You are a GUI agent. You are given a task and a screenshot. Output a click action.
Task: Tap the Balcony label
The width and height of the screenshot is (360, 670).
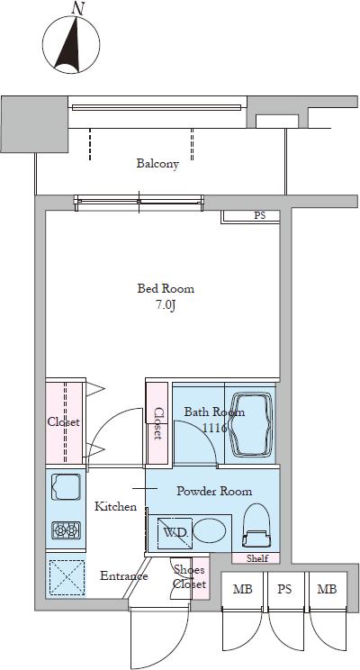tap(157, 163)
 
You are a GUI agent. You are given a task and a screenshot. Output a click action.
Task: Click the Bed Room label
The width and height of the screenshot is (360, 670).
tap(166, 288)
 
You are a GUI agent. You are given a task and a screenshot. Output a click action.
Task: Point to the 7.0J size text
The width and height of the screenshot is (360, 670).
tap(166, 305)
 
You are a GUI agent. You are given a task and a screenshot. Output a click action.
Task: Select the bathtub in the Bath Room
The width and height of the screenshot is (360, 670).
tap(251, 425)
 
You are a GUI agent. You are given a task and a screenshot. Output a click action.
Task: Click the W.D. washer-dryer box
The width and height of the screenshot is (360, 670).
tap(175, 533)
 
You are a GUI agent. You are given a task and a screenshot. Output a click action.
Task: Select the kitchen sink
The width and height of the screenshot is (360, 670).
tap(66, 486)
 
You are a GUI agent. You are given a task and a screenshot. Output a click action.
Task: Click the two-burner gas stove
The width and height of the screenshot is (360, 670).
tap(67, 530)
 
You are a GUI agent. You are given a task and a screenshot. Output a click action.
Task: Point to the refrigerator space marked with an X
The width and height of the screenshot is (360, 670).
tap(67, 576)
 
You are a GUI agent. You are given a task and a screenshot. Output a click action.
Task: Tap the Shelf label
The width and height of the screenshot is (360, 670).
tap(257, 558)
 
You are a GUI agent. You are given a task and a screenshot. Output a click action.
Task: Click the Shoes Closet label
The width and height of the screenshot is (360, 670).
tap(190, 576)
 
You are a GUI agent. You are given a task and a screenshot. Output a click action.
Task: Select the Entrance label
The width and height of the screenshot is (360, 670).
tap(124, 575)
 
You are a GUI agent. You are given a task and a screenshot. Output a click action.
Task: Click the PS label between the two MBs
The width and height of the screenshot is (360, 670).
tap(284, 589)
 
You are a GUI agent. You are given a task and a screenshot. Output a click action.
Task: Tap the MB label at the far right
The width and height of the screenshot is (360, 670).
tap(327, 589)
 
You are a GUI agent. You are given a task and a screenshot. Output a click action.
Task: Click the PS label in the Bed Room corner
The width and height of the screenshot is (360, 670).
tap(259, 216)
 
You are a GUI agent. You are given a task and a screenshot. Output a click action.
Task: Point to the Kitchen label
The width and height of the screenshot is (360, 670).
tap(115, 506)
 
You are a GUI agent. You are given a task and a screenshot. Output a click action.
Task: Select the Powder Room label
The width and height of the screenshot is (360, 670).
tap(214, 491)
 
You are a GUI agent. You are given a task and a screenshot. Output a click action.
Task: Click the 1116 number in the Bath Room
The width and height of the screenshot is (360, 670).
tap(215, 428)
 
